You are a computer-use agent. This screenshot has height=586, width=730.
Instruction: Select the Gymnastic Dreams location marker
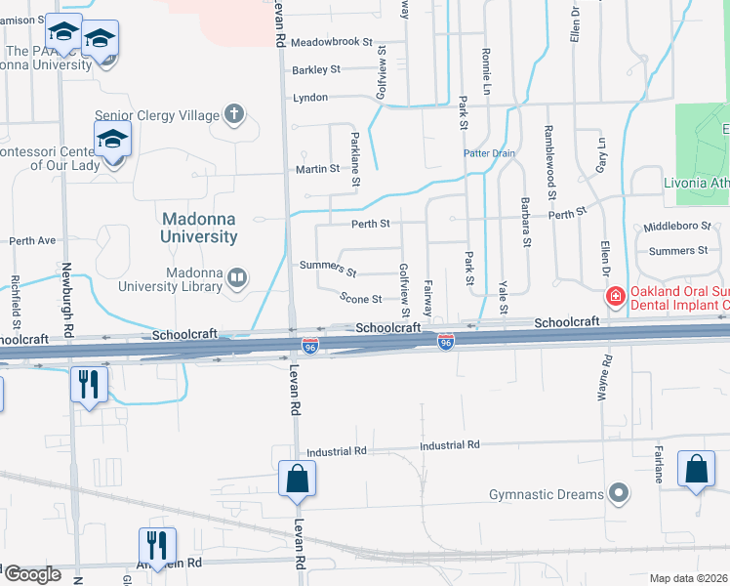617,493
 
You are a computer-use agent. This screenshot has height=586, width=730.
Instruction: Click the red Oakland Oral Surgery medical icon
616,296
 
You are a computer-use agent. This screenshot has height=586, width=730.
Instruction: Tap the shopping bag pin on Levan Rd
297,479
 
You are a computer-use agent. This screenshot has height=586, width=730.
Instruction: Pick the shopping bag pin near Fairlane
697,469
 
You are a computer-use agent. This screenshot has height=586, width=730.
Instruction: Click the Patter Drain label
488,153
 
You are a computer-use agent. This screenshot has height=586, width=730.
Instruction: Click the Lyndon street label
310,98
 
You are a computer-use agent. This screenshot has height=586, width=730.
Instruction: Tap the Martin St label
317,168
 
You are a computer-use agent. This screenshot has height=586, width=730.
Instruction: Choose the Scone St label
360,298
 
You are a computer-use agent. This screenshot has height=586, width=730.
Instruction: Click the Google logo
32,574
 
